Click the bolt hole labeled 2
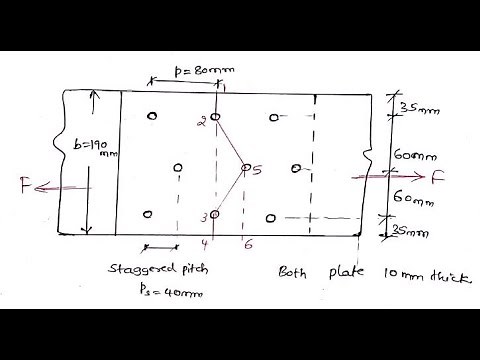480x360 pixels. click(x=214, y=119)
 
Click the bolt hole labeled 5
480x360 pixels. click(x=246, y=169)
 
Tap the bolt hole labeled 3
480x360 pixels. click(x=214, y=215)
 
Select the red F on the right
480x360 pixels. click(x=437, y=180)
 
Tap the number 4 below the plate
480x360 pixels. click(x=204, y=244)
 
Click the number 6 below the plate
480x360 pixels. click(x=248, y=244)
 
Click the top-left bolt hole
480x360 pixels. click(x=151, y=116)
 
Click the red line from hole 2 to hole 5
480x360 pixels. click(x=230, y=143)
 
